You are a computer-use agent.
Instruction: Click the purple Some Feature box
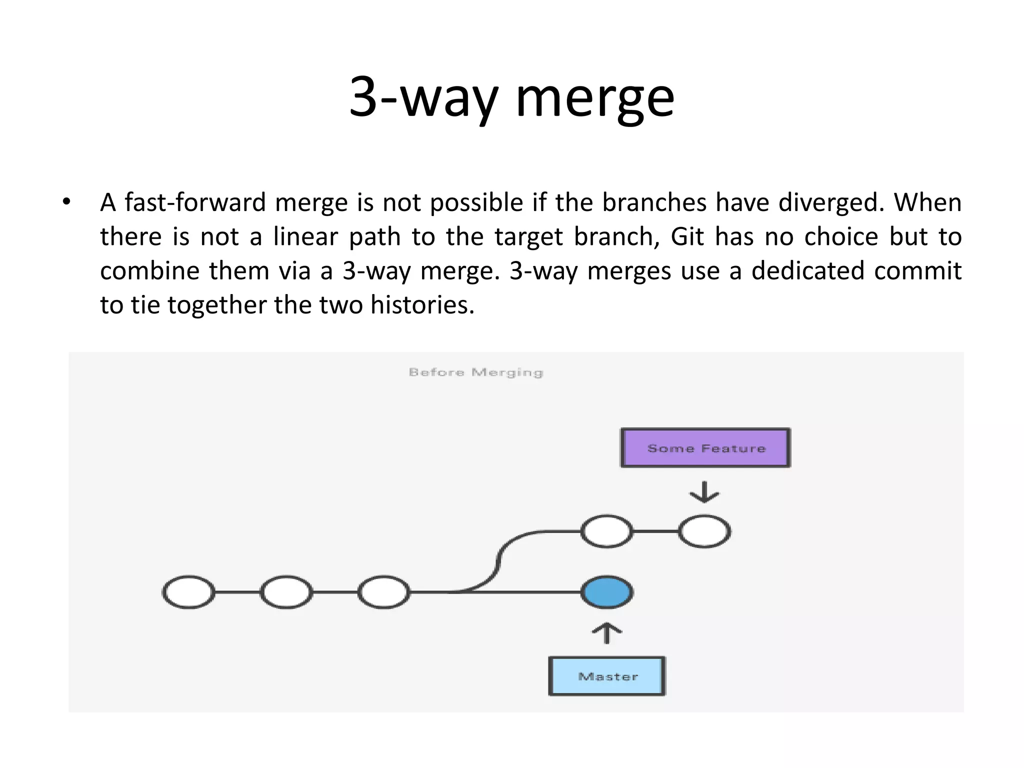pos(705,448)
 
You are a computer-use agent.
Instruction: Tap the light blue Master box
pos(607,676)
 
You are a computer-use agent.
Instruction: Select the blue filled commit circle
pos(607,592)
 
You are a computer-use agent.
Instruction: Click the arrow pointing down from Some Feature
pos(704,492)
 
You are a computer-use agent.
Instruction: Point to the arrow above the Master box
pos(606,633)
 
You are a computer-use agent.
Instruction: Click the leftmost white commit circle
pos(188,592)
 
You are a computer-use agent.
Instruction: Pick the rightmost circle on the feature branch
pos(704,531)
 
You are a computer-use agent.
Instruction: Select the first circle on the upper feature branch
pos(606,531)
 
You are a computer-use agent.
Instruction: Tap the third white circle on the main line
pos(383,592)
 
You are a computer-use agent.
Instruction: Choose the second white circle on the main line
pos(286,592)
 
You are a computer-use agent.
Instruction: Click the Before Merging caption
pos(475,372)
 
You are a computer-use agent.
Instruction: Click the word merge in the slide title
pos(595,97)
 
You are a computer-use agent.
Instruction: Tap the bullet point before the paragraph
pos(66,202)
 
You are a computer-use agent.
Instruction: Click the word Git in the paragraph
pos(687,236)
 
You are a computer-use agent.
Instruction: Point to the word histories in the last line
pos(421,305)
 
